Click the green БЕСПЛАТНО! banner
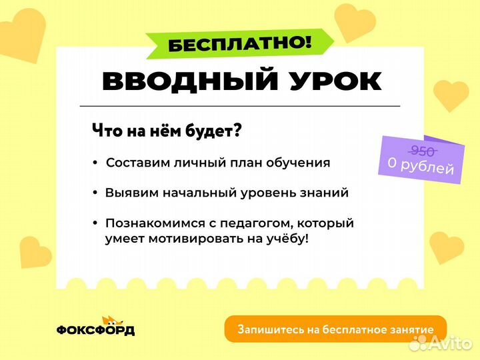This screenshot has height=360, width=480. (x=240, y=44)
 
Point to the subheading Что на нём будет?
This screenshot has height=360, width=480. (x=166, y=131)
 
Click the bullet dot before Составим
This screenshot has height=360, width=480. (x=95, y=163)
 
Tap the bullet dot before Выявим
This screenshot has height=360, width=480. (x=95, y=193)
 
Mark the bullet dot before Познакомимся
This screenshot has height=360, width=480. (x=95, y=223)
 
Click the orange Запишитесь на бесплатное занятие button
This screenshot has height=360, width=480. (x=335, y=329)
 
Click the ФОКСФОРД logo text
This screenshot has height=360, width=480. (x=95, y=331)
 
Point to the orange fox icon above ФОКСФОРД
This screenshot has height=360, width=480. (x=107, y=320)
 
